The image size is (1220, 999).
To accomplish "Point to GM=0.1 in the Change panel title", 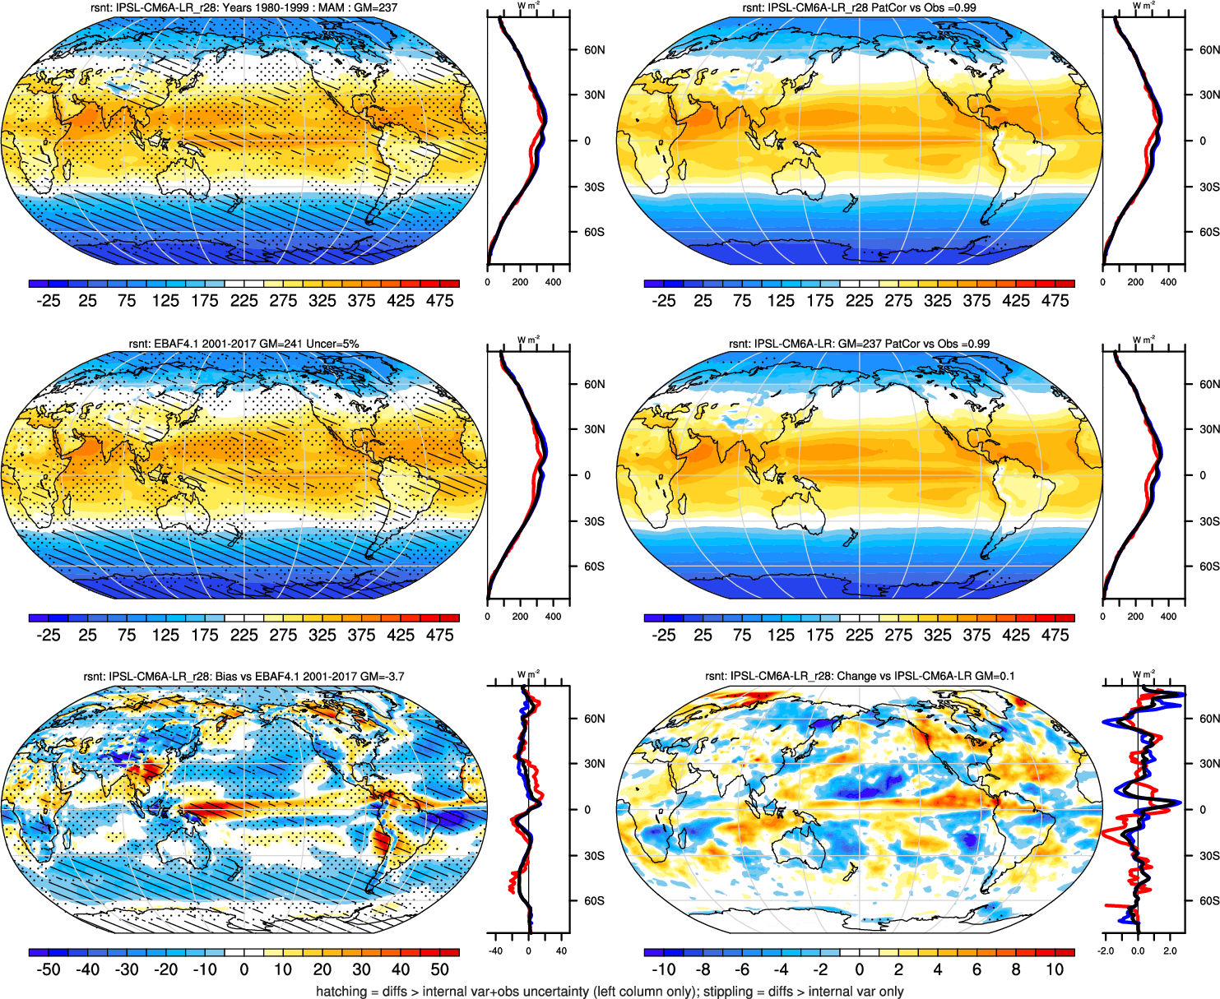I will click(x=995, y=677).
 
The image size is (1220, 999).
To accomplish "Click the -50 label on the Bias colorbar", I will click(x=49, y=970).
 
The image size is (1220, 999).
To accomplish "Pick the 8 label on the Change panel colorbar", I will click(x=1016, y=970).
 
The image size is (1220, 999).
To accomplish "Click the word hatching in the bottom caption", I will click(x=341, y=992).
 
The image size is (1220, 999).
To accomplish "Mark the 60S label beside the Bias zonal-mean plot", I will click(x=594, y=901).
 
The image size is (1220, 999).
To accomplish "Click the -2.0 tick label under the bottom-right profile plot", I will click(x=1106, y=951).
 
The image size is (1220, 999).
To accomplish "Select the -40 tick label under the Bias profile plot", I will click(x=495, y=951).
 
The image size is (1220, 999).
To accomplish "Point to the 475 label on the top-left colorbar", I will click(x=440, y=301).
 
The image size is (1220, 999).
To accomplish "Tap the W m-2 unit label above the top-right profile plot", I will click(x=1143, y=6).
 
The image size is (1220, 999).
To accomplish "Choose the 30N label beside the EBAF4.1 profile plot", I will click(x=594, y=429).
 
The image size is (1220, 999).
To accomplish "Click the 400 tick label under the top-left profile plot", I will click(x=553, y=282).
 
